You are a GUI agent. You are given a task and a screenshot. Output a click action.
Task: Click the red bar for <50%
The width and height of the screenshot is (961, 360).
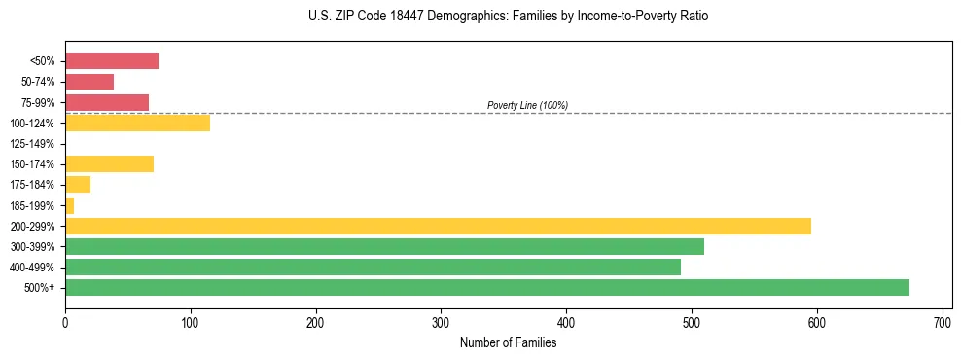112,61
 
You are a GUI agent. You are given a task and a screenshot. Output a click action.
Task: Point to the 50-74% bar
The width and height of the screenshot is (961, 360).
89,82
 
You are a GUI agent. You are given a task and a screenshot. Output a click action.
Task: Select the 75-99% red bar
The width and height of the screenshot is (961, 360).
107,102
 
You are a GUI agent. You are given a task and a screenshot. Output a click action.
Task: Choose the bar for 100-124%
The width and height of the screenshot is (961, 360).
137,123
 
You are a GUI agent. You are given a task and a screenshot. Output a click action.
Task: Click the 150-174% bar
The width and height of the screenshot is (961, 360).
109,163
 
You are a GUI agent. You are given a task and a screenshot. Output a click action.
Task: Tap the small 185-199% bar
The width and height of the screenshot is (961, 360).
70,205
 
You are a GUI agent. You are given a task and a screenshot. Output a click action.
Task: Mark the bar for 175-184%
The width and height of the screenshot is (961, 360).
78,184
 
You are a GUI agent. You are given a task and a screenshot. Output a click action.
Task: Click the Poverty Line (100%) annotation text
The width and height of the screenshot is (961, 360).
527,105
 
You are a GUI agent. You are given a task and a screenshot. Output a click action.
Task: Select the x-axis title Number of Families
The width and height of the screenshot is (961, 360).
508,342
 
